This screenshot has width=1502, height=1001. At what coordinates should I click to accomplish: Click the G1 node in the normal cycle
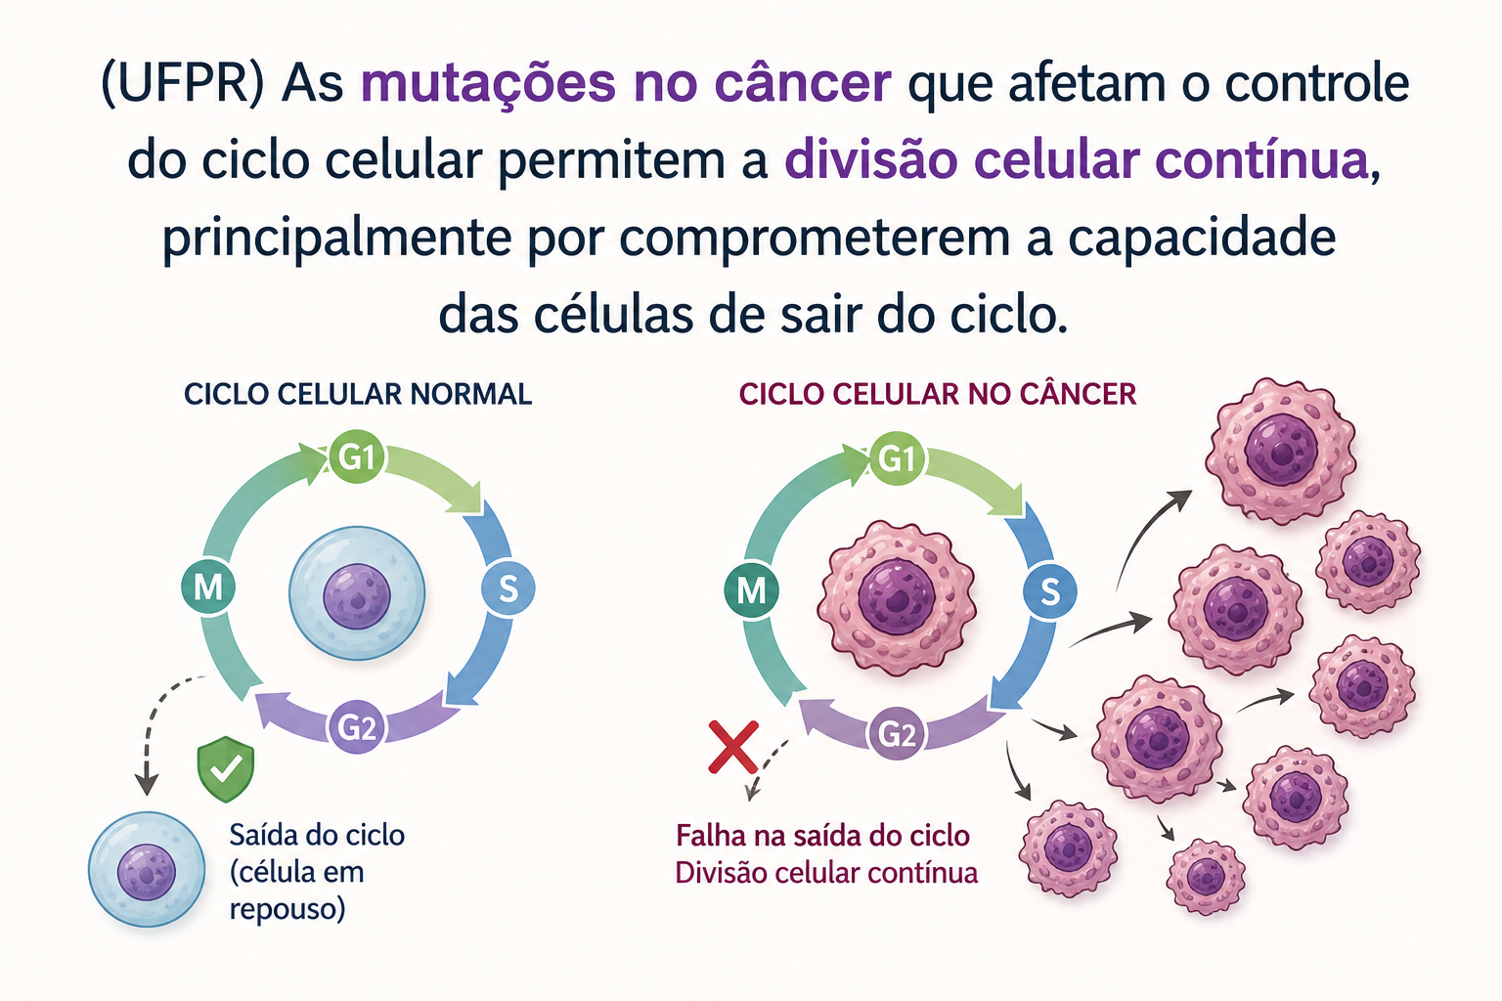point(356,457)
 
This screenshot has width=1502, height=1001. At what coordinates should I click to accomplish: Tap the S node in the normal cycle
point(508,588)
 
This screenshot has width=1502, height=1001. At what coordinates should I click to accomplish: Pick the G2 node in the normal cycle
point(356,726)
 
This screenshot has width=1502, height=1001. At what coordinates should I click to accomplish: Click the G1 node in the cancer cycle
point(897,458)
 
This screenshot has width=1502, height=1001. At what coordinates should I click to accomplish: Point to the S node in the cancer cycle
point(1050,591)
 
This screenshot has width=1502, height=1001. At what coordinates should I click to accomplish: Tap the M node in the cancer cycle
point(751,590)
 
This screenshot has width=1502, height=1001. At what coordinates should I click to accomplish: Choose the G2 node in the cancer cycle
point(897,734)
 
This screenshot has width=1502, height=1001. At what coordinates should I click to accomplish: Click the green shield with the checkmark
point(226,769)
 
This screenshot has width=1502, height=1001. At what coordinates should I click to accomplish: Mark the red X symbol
point(733,748)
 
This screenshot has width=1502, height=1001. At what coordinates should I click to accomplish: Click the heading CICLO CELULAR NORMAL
point(358,394)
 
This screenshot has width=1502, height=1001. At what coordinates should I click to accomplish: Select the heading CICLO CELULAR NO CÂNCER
point(938,394)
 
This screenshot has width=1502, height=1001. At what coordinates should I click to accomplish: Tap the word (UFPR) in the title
point(182,84)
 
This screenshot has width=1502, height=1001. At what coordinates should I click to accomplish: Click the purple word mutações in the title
point(488,84)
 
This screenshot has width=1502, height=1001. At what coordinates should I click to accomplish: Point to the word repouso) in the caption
point(287,910)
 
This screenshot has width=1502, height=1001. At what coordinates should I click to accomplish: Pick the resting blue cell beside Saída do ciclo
point(147,870)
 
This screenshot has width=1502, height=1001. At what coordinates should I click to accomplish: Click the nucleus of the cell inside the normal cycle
point(357,596)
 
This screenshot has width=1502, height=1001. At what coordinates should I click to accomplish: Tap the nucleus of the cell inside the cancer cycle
point(897,596)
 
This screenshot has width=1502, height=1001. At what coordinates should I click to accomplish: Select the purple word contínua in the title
point(1261,161)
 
